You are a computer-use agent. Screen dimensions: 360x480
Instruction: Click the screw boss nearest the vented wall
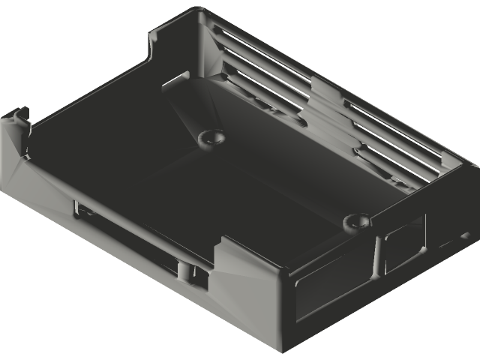click(211, 137)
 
